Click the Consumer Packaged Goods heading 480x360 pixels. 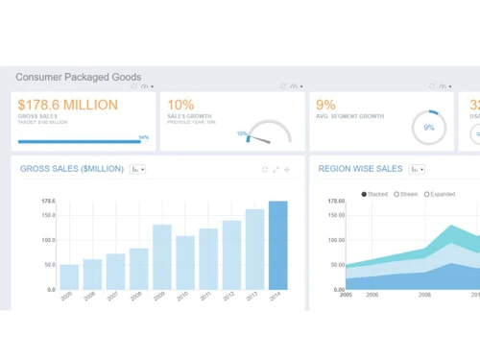click(79, 77)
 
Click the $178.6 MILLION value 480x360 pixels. click(67, 105)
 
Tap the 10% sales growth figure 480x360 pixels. click(180, 105)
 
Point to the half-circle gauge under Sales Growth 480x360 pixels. click(269, 133)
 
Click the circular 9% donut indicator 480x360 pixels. click(428, 127)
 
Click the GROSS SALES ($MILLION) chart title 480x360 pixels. click(72, 169)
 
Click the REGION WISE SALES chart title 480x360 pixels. click(360, 169)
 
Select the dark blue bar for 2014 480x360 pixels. click(277, 245)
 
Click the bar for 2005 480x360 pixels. click(69, 276)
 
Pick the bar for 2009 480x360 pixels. click(162, 256)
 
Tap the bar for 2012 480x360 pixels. click(231, 254)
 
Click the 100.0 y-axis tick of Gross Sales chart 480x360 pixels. click(48, 240)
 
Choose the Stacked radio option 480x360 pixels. click(365, 194)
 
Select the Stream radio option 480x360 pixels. click(397, 194)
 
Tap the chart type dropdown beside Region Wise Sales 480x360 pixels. click(417, 169)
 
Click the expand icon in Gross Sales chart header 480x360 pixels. click(276, 170)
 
